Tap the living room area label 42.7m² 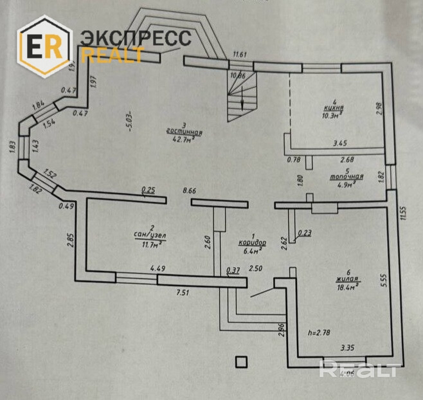pos(184,140)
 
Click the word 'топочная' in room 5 pos(346,176)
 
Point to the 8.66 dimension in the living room pos(189,190)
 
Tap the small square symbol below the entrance pos(241,362)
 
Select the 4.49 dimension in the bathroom pos(158,269)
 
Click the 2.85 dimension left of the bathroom pos(69,242)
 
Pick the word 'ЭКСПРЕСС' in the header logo pos(135,37)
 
